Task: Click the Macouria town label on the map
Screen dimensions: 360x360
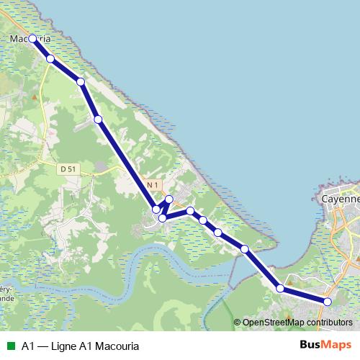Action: tap(31, 39)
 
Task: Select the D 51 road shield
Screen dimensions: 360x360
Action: tap(68, 168)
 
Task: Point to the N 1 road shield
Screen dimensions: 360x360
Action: tap(152, 185)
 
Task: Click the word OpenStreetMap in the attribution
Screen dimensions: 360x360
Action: tap(271, 323)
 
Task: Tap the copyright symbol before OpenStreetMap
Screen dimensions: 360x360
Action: tap(238, 323)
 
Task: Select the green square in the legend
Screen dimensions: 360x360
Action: tap(10, 346)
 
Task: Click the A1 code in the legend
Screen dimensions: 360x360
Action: tap(28, 346)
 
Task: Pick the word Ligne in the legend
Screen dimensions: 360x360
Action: tap(63, 346)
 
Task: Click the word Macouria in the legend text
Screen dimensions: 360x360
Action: tap(114, 346)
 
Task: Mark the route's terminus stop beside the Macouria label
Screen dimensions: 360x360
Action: tap(32, 39)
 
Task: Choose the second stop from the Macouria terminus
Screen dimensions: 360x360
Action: tap(50, 59)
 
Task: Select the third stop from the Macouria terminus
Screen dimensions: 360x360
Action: tap(81, 82)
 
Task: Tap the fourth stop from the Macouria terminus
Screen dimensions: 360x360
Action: tap(98, 119)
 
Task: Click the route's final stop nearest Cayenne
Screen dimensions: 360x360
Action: tap(327, 302)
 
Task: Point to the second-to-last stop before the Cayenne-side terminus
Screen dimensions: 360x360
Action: tap(280, 289)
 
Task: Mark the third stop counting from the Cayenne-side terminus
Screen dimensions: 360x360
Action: tap(245, 249)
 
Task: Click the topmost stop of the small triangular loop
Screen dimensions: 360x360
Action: tap(169, 199)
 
